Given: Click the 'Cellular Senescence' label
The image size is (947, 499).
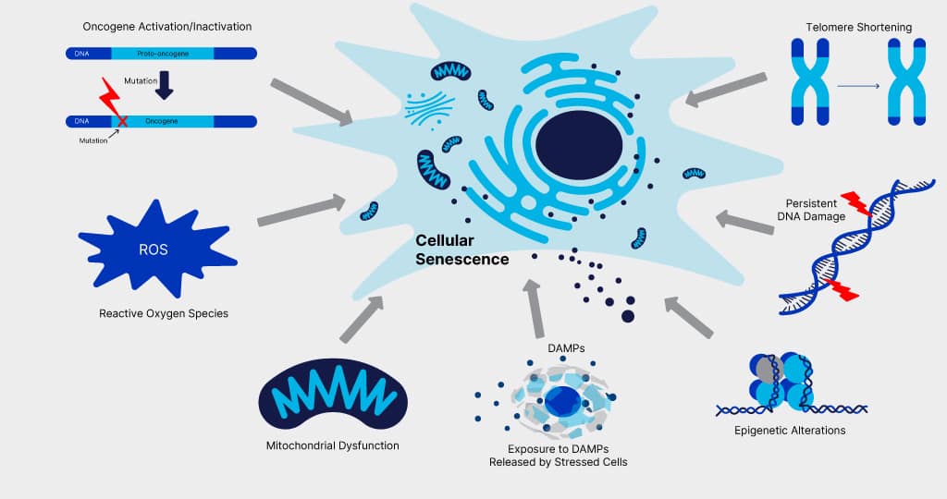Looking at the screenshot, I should click(461, 250).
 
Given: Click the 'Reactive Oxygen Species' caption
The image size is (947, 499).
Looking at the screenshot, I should click(164, 313).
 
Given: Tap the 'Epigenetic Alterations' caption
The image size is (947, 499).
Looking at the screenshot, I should click(790, 430).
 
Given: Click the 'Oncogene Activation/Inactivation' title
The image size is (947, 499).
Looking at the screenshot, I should click(166, 27).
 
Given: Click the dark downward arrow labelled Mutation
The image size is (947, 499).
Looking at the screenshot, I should click(164, 85).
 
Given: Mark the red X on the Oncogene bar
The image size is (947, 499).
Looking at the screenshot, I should click(122, 120).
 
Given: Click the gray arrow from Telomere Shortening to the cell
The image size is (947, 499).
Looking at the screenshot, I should click(727, 89).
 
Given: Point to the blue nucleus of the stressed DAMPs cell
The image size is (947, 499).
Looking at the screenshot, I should click(561, 401).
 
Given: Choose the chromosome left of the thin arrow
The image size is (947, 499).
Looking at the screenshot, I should click(808, 81).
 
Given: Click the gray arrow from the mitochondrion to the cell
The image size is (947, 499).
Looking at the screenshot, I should click(361, 320).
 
